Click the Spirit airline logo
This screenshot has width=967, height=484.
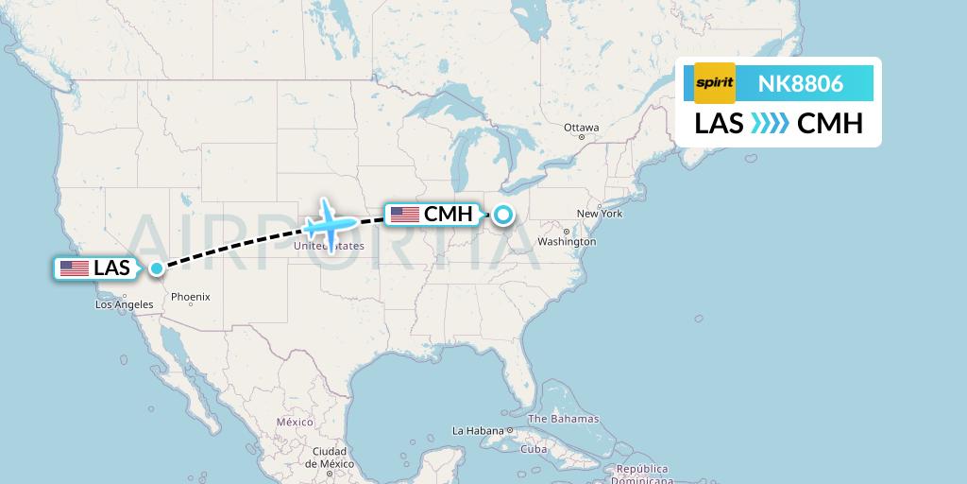click(x=714, y=83)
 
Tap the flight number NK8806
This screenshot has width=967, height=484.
click(x=801, y=84)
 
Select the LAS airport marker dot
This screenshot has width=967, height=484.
click(x=156, y=268)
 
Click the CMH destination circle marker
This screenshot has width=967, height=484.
click(x=503, y=215)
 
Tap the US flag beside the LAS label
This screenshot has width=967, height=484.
click(x=75, y=268)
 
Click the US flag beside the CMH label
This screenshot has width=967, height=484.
click(x=405, y=215)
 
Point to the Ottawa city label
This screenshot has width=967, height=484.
click(x=581, y=128)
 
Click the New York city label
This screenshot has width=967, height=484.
click(x=600, y=214)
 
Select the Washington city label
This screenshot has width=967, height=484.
click(x=568, y=242)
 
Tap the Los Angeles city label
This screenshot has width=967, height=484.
click(x=124, y=304)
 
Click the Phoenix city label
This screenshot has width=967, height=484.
click(x=190, y=297)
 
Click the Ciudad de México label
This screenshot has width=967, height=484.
click(x=323, y=458)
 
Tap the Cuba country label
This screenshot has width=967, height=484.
click(x=534, y=449)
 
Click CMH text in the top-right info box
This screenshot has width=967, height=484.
click(x=830, y=124)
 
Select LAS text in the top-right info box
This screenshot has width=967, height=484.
click(x=719, y=124)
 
